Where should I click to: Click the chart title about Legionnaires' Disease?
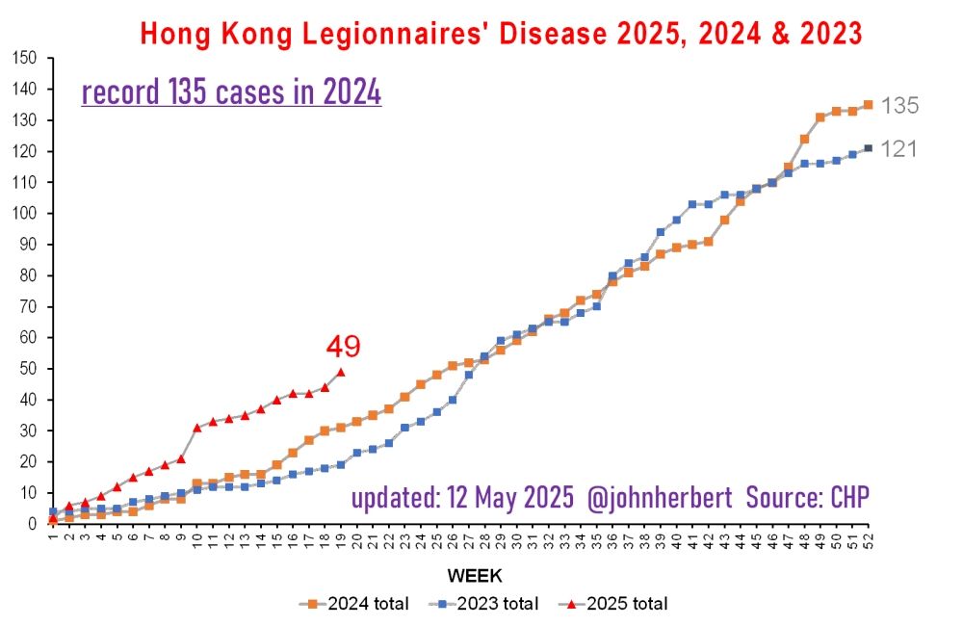point(501,34)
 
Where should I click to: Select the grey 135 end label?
point(899,106)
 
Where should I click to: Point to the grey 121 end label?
point(899,149)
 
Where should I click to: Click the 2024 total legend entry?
point(353,604)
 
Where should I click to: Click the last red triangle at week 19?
point(341,372)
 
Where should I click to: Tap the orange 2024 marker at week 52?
point(868,105)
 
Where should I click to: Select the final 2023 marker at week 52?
point(868,148)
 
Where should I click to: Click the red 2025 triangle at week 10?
point(196,428)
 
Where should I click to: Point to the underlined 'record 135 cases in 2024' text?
point(231,94)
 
